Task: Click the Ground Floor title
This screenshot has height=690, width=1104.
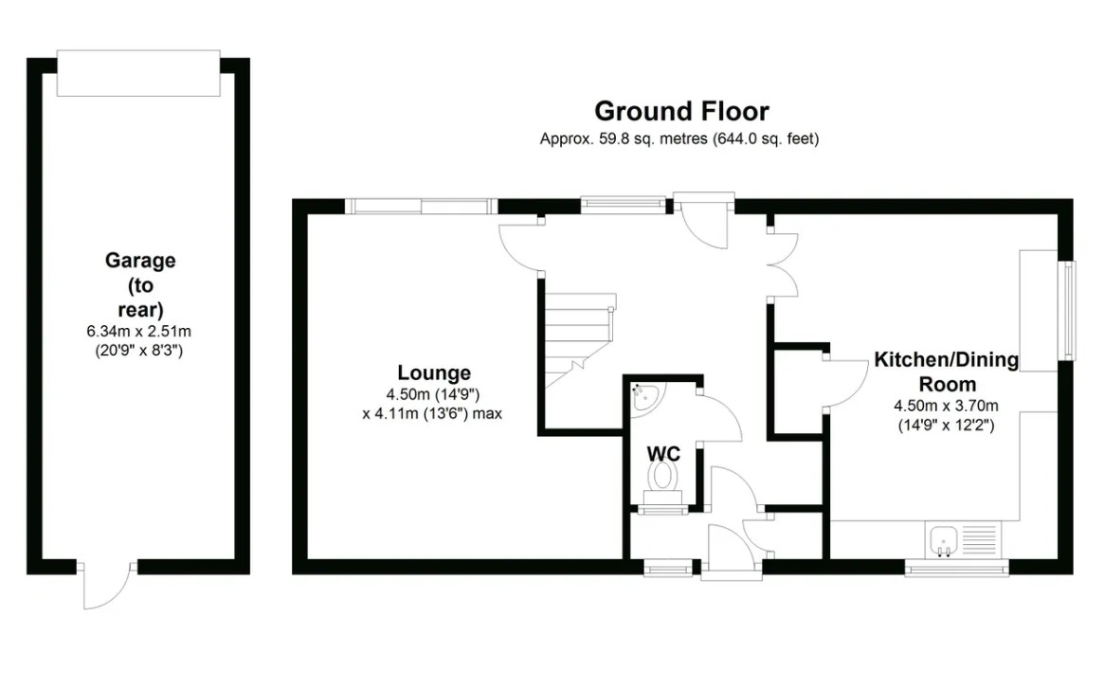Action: pos(681,111)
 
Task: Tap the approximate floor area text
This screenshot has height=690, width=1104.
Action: pos(679,138)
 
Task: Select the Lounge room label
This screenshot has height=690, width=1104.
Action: pos(433,372)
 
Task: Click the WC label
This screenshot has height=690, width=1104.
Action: pos(663,454)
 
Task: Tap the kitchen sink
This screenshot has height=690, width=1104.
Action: pos(945,541)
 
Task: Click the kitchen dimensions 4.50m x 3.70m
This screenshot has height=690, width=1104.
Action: pos(946,407)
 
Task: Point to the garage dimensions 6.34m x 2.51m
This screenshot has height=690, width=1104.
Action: pos(140,332)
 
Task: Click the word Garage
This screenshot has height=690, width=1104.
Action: pos(140,259)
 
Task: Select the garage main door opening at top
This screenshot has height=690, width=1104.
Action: pos(138,73)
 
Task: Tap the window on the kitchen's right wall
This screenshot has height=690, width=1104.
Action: pos(1069,306)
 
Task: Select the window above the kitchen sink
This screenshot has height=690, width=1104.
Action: pos(956,568)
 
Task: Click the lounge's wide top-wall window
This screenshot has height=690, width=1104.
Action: pos(420,205)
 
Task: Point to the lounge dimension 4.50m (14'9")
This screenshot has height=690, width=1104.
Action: pos(433,395)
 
